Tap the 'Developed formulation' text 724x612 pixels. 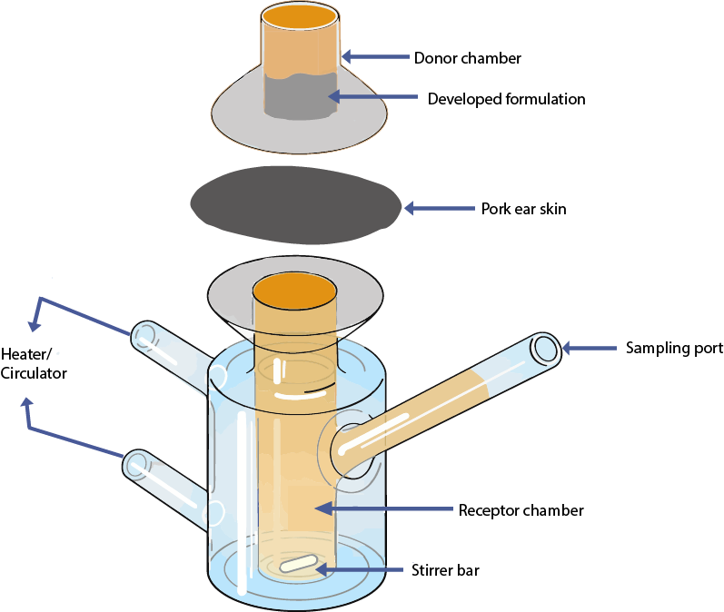coord(494,98)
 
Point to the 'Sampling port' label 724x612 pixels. coord(674,348)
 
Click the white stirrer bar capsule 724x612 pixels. coord(300,564)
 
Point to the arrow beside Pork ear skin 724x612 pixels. coord(437,208)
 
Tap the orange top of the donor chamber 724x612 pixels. coord(302,15)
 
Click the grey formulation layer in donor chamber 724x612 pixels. coord(301,96)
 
